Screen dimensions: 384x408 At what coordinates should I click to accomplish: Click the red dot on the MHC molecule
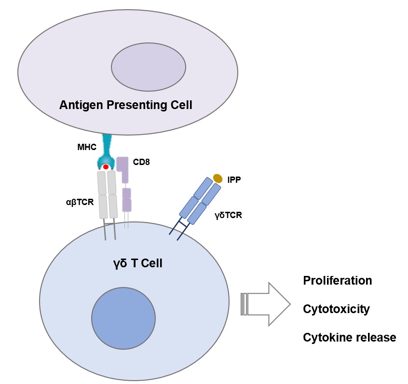(106, 167)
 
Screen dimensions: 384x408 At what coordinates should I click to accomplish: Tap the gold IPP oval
(218, 178)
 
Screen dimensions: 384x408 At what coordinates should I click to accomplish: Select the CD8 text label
(141, 162)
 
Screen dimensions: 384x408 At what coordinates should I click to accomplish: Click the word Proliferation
(337, 281)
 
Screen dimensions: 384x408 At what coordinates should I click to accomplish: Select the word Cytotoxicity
(336, 309)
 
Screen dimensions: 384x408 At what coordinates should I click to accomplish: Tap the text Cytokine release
(349, 337)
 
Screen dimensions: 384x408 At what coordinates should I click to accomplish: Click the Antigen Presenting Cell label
(125, 104)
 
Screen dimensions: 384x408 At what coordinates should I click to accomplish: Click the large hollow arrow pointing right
(270, 304)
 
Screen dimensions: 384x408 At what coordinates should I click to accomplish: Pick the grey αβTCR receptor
(107, 195)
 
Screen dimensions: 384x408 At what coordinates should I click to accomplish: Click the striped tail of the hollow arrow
(244, 304)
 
